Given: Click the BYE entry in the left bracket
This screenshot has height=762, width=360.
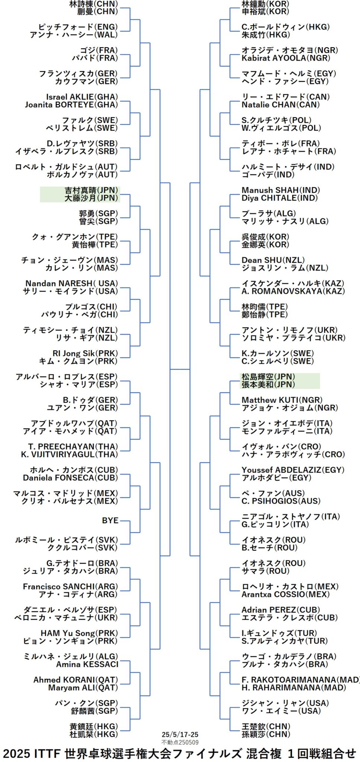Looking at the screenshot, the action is pyautogui.click(x=110, y=521).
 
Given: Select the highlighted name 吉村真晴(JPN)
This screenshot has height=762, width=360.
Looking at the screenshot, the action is pyautogui.click(x=91, y=190).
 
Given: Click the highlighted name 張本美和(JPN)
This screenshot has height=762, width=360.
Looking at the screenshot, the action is pyautogui.click(x=268, y=385).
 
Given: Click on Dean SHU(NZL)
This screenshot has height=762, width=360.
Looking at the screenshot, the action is pyautogui.click(x=273, y=260).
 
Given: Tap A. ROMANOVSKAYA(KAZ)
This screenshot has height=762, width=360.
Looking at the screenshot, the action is pyautogui.click(x=293, y=291).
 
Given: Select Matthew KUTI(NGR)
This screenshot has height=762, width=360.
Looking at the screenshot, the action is pyautogui.click(x=282, y=400).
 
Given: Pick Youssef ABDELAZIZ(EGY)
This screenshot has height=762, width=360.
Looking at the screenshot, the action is pyautogui.click(x=293, y=470).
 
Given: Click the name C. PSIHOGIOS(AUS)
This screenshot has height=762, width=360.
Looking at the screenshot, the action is pyautogui.click(x=281, y=501).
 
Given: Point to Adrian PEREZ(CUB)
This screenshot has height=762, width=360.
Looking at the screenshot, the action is pyautogui.click(x=281, y=610).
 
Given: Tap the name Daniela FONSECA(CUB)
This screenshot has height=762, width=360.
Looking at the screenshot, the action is pyautogui.click(x=70, y=478).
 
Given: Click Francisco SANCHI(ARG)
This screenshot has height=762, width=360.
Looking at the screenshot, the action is pyautogui.click(x=70, y=587).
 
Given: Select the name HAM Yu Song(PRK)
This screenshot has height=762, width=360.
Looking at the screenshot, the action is pyautogui.click(x=79, y=633).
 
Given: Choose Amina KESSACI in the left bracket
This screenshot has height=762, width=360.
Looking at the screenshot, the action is pyautogui.click(x=87, y=665).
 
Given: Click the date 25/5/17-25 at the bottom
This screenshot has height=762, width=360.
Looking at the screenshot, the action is pyautogui.click(x=180, y=734).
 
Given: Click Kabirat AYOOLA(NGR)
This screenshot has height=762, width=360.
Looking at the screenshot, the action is pyautogui.click(x=286, y=58).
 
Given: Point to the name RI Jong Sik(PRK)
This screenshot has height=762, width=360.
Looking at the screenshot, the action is pyautogui.click(x=85, y=353).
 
